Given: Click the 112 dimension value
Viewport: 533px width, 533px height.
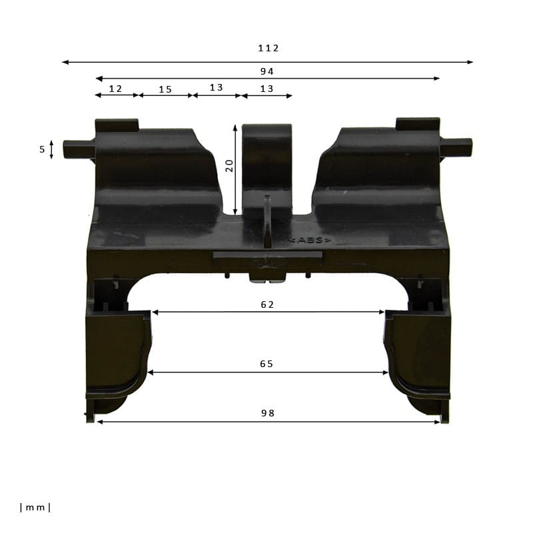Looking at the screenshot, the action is [x=268, y=48].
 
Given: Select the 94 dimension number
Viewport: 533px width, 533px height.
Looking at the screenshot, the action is [x=267, y=71].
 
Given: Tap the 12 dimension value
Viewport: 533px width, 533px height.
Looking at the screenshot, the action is [x=115, y=89].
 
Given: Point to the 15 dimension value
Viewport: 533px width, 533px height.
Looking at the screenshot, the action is [x=165, y=89].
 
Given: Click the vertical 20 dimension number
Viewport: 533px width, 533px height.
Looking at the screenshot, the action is [x=230, y=165].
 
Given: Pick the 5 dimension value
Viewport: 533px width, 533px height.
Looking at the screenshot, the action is [x=42, y=149].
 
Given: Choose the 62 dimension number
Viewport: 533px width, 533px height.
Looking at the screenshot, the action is [x=267, y=304].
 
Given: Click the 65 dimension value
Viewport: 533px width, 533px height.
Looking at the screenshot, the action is [x=266, y=364].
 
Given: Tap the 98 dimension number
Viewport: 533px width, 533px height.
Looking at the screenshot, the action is [x=268, y=413].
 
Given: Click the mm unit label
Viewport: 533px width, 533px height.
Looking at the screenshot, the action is [x=35, y=508].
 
